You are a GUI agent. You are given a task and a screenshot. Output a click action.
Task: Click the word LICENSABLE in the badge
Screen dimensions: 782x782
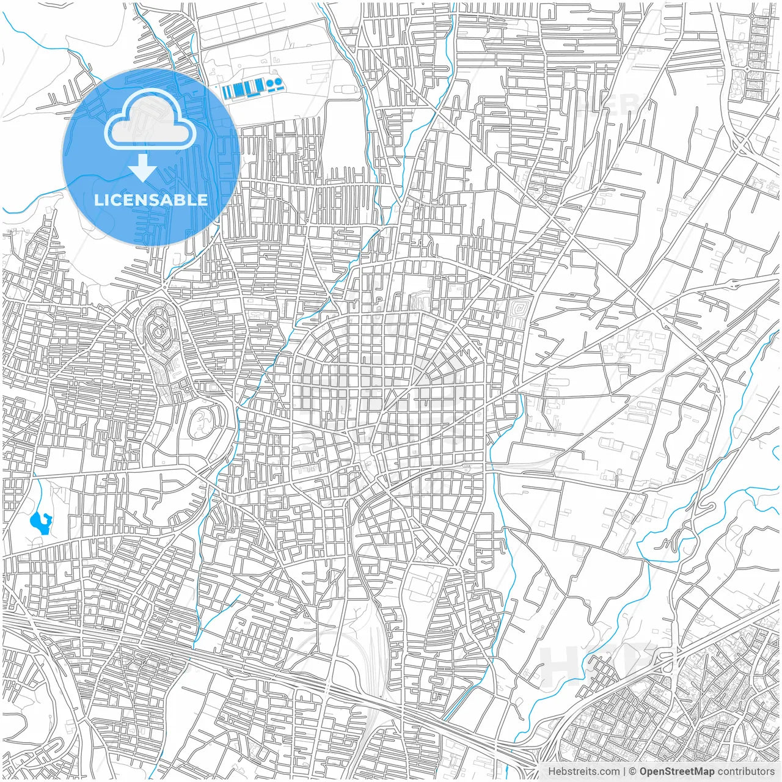pyautogui.click(x=151, y=200)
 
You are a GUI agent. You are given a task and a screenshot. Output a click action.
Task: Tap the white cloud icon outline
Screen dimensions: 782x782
pyautogui.click(x=150, y=120)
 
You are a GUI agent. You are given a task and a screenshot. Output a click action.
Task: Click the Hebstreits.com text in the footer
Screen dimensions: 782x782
pyautogui.click(x=583, y=772)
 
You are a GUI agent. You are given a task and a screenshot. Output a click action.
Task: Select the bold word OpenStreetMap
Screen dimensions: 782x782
pyautogui.click(x=677, y=772)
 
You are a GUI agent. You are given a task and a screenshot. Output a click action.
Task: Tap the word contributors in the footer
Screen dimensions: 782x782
pyautogui.click(x=746, y=772)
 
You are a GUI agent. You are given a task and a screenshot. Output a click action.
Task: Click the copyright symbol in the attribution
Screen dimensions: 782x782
pyautogui.click(x=633, y=772)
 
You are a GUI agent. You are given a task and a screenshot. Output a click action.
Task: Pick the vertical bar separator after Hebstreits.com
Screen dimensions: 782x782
pyautogui.click(x=624, y=772)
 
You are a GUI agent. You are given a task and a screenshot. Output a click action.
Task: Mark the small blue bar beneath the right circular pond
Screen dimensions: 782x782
pyautogui.click(x=278, y=87)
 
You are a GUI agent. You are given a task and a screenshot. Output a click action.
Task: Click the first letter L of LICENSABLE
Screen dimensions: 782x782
pyautogui.click(x=98, y=200)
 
